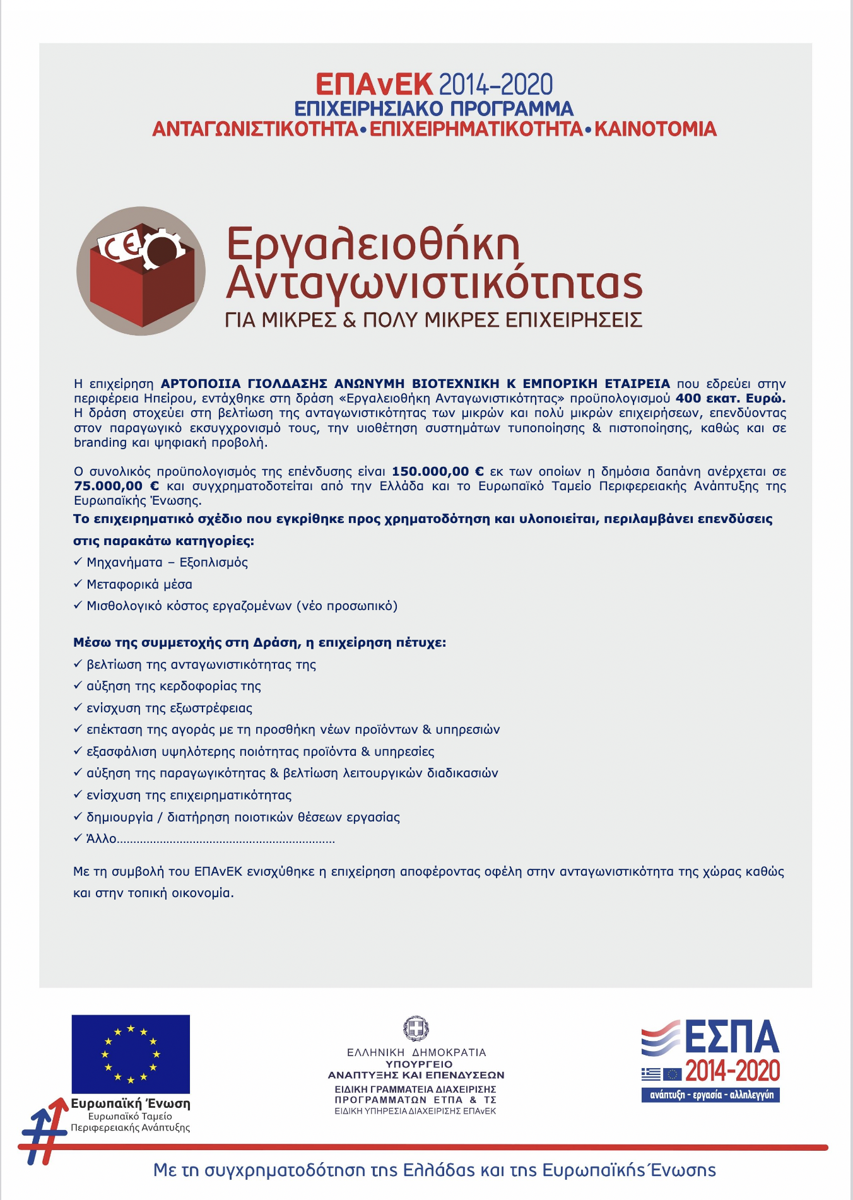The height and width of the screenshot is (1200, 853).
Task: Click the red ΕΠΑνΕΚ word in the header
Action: click(374, 85)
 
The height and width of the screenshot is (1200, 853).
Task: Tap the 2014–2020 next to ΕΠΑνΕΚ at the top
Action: click(495, 85)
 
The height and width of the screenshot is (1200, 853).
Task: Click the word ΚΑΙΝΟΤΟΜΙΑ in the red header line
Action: click(656, 129)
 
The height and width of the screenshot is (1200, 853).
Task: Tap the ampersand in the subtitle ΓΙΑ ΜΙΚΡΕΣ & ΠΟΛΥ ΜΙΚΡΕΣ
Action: click(349, 320)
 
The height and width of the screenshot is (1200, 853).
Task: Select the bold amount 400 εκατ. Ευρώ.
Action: click(730, 398)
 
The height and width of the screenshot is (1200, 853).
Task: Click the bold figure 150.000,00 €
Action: click(438, 471)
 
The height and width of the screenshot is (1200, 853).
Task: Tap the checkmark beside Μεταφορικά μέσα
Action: click(78, 584)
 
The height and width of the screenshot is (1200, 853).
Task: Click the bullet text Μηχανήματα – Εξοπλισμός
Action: click(167, 562)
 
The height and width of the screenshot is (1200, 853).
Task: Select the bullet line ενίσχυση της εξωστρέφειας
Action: click(169, 708)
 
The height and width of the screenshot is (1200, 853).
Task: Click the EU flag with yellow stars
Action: click(131, 1054)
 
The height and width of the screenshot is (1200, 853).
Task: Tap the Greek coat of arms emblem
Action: click(416, 1028)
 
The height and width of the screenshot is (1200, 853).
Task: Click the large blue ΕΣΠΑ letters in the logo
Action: click(732, 1038)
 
